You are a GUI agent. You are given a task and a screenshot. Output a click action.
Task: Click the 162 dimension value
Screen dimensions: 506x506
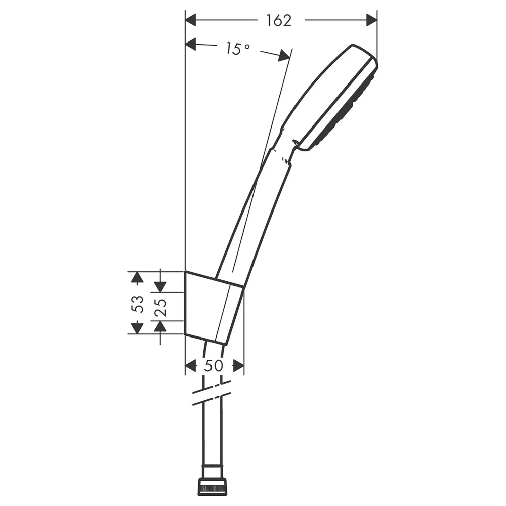[279, 20]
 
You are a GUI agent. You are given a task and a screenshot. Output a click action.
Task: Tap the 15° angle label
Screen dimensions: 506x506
[238, 49]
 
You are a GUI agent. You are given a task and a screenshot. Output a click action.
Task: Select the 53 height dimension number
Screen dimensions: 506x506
[138, 303]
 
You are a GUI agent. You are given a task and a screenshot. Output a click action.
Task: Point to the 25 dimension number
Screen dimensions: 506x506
[160, 307]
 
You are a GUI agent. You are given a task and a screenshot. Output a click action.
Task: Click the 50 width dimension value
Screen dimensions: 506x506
[214, 366]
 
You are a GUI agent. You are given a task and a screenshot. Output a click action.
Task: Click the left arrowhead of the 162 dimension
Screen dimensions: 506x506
[190, 20]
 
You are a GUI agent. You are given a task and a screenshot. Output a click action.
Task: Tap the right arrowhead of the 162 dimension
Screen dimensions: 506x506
[372, 20]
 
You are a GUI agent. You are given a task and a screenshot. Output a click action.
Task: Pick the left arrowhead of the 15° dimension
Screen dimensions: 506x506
[190, 44]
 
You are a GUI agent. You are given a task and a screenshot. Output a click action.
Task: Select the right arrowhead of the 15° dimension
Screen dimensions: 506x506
[284, 56]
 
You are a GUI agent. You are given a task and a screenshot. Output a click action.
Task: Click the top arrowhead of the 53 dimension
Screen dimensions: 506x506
[137, 277]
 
